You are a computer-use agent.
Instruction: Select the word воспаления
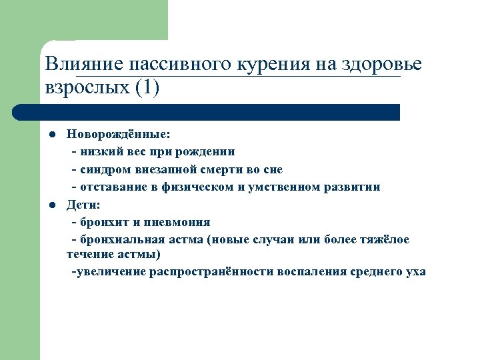(309, 272)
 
